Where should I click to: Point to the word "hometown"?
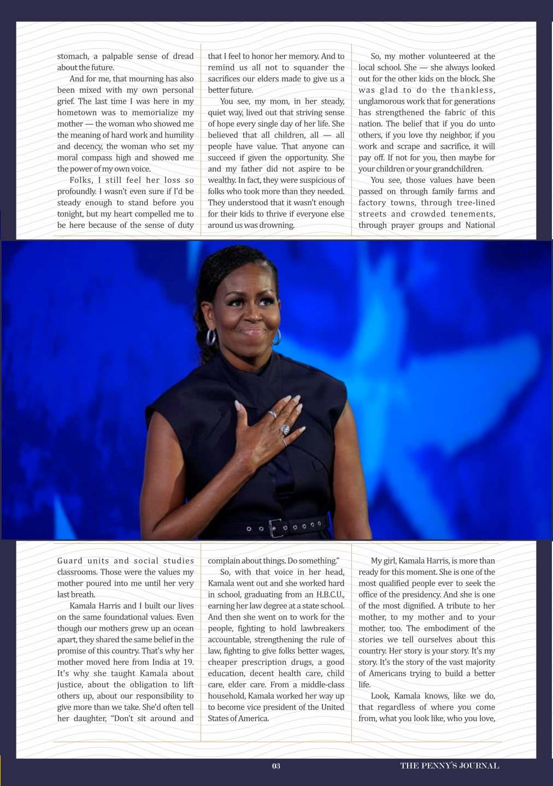click(77, 113)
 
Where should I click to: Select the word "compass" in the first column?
click(97, 157)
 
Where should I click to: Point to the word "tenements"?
click(473, 214)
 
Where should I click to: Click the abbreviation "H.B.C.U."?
click(326, 594)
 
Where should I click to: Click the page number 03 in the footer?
click(276, 766)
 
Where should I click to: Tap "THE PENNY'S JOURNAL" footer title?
click(449, 766)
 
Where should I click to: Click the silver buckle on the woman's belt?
click(276, 528)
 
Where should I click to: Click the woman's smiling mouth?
click(252, 330)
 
